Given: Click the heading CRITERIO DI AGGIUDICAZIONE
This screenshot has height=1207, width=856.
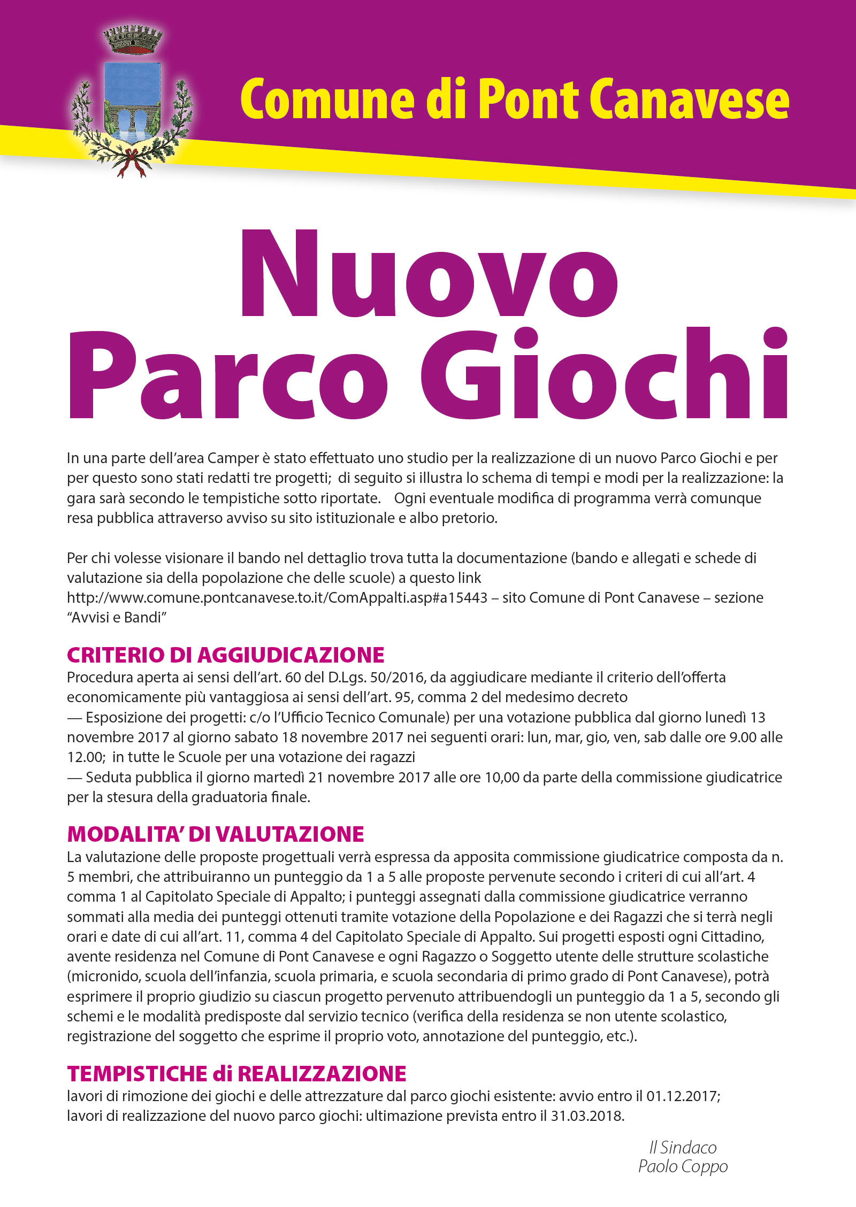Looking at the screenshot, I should [225, 655].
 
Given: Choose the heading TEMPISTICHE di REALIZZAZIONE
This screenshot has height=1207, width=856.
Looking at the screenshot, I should [236, 1074].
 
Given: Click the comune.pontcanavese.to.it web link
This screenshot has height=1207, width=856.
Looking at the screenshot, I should [277, 597].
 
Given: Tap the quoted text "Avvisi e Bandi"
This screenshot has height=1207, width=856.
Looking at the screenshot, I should [117, 618].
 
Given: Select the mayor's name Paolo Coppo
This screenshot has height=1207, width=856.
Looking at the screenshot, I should [683, 1166].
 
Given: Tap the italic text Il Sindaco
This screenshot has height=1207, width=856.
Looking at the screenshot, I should [683, 1147].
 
